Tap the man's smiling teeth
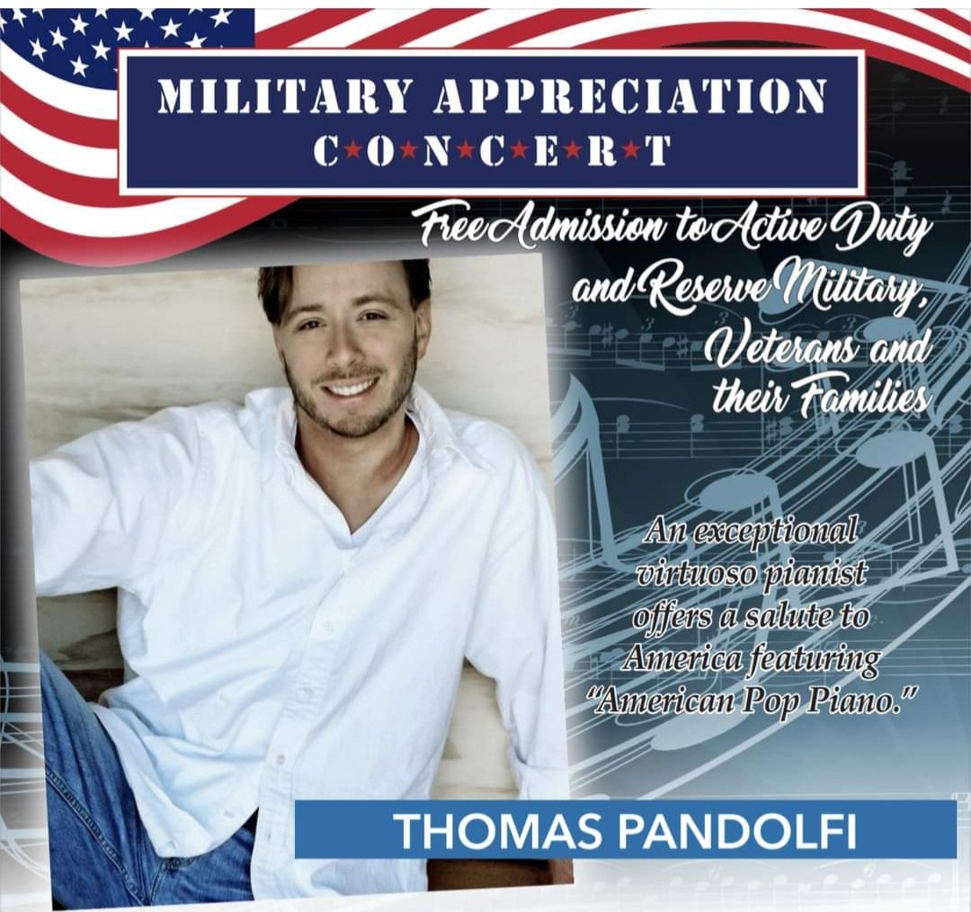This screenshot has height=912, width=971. click(352, 389)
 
